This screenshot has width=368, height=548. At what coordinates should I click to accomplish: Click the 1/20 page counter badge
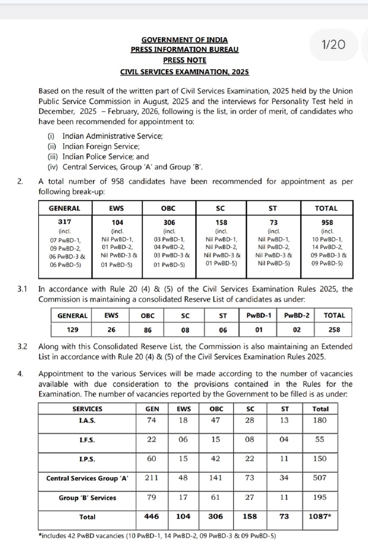pyautogui.click(x=333, y=45)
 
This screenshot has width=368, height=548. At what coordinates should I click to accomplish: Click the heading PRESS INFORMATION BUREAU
pyautogui.click(x=184, y=50)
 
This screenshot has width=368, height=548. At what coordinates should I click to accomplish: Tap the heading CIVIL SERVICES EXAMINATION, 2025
pyautogui.click(x=184, y=72)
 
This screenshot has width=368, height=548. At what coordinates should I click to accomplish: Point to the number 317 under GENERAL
pyautogui.click(x=65, y=222)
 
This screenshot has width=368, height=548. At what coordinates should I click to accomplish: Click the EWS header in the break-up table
pyautogui.click(x=116, y=208)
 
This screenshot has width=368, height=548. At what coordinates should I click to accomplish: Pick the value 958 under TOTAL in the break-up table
pyautogui.click(x=327, y=223)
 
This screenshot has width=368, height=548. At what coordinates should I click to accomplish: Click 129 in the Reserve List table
pyautogui.click(x=73, y=329)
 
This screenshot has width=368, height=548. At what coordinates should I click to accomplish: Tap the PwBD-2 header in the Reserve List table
pyautogui.click(x=296, y=315)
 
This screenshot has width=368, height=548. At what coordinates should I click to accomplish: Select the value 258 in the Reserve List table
pyautogui.click(x=334, y=329)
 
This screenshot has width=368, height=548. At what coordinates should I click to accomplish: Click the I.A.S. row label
pyautogui.click(x=87, y=421)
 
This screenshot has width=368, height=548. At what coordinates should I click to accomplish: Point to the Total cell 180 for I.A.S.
pyautogui.click(x=320, y=420)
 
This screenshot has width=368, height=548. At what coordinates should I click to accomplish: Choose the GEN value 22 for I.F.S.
pyautogui.click(x=151, y=439)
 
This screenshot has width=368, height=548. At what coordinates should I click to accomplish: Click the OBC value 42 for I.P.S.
pyautogui.click(x=215, y=459)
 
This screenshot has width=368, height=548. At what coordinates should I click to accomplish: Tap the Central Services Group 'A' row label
pyautogui.click(x=87, y=478)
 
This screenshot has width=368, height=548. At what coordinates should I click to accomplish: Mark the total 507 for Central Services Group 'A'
pyautogui.click(x=320, y=478)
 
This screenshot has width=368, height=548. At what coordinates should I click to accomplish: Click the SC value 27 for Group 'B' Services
pyautogui.click(x=250, y=497)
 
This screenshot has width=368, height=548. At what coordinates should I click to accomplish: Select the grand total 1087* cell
pyautogui.click(x=320, y=516)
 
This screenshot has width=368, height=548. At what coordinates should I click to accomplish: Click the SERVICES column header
pyautogui.click(x=87, y=409)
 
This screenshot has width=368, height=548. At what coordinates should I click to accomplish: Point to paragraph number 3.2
pyautogui.click(x=22, y=347)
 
